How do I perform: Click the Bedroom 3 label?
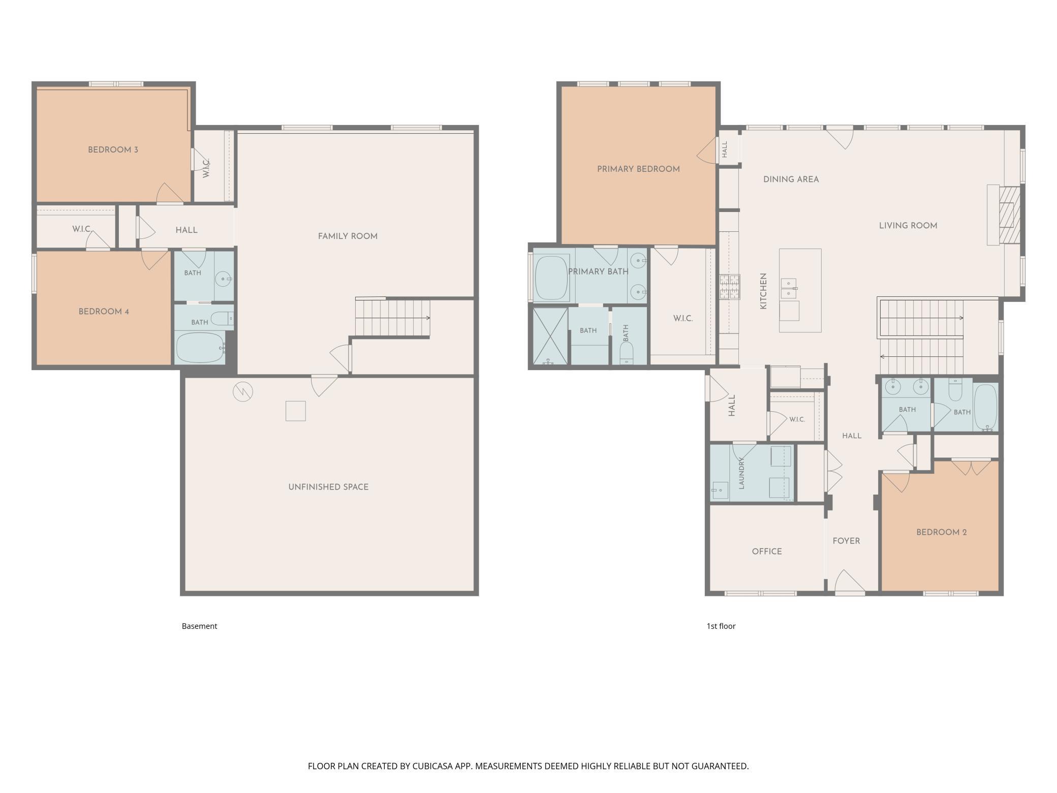coord(113,150)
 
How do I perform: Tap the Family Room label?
coord(348,236)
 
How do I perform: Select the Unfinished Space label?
coord(328,487)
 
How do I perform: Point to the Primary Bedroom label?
coord(638,169)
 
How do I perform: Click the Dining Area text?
coord(791,179)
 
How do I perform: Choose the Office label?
coord(767,552)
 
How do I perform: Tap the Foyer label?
coord(846,541)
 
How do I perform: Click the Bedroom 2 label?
coord(941,533)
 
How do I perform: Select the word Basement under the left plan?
coord(199,626)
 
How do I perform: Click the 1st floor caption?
coord(721,626)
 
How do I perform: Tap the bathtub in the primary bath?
coord(552,279)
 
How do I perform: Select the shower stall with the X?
coord(550,336)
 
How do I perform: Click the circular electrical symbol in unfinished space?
coord(243,392)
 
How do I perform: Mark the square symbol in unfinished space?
coord(295,411)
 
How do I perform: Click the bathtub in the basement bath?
coord(200,348)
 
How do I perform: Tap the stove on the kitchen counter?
coord(729,287)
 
